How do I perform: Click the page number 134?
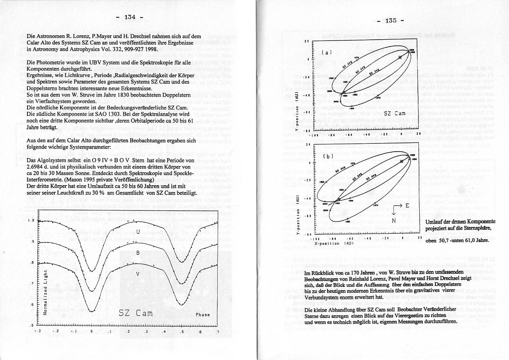(129, 17)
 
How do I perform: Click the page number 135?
(391, 20)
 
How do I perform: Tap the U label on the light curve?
(138, 232)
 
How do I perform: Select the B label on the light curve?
(138, 253)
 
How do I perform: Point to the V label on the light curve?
(138, 274)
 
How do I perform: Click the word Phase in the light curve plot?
(202, 315)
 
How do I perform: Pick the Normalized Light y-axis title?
(45, 290)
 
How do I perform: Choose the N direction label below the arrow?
(393, 221)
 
